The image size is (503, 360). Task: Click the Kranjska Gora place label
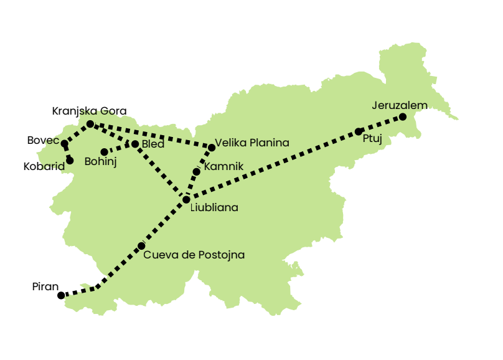[x=89, y=111]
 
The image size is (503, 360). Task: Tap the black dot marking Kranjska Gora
[x=90, y=124]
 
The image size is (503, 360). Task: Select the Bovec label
[x=42, y=140]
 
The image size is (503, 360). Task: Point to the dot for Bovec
[x=64, y=144]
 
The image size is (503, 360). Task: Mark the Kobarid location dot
[x=69, y=161]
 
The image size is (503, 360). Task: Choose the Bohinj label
[x=100, y=162]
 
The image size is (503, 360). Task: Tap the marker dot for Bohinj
[x=104, y=152]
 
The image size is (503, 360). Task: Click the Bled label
[x=153, y=144]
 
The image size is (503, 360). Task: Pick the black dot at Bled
[x=135, y=144]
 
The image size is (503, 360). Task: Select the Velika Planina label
[x=252, y=143]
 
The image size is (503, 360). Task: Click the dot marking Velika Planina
[x=212, y=148]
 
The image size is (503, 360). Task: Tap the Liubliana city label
[x=214, y=207]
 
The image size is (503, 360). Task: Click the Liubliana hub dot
[x=186, y=199]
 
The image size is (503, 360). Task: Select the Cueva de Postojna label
[x=194, y=255]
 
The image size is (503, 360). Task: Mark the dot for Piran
[x=61, y=295]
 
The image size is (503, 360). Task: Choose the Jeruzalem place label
[x=400, y=105]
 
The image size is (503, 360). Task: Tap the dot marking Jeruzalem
[x=403, y=117]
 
